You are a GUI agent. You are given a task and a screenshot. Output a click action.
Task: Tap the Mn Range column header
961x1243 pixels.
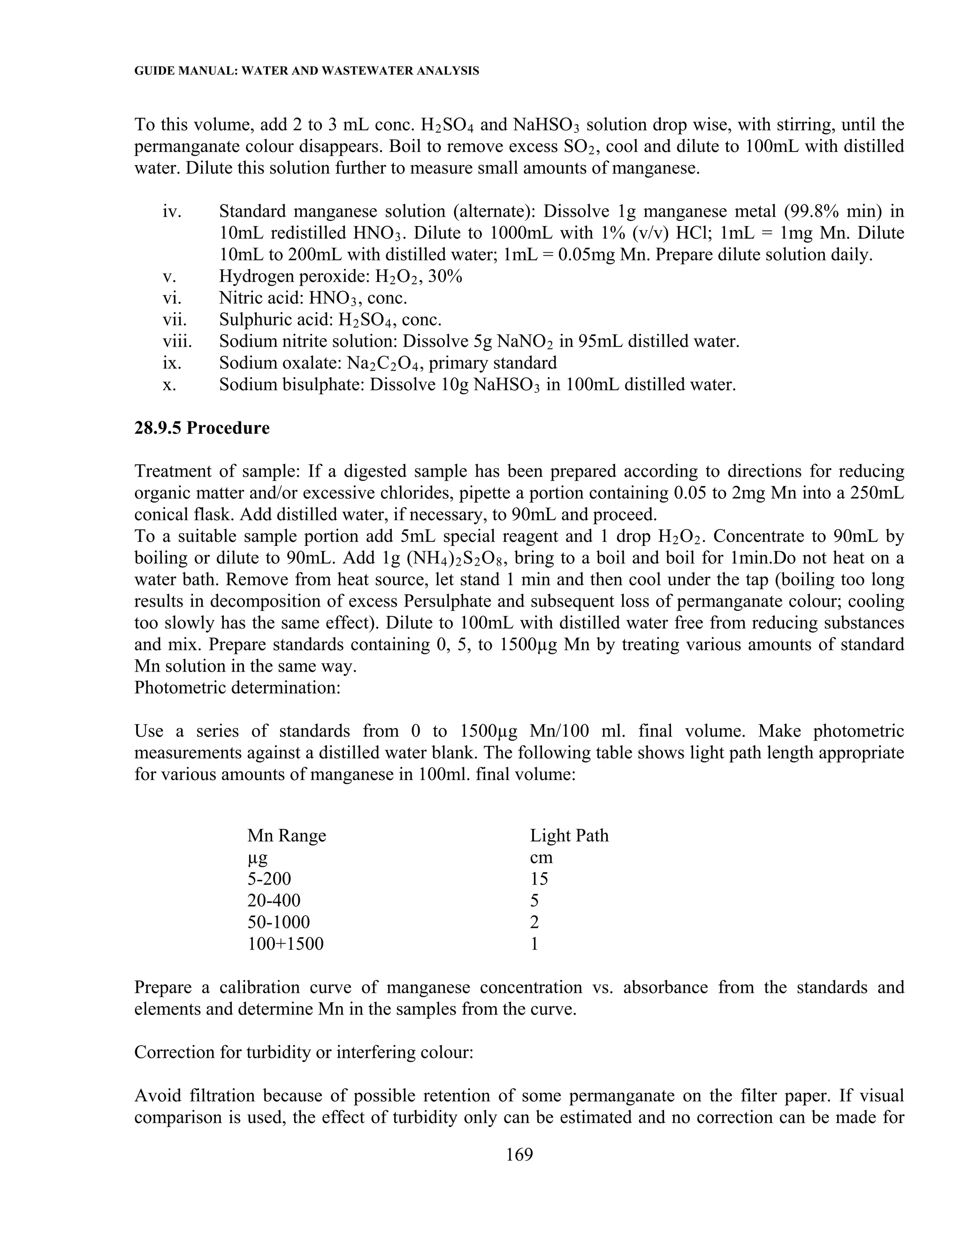point(286,835)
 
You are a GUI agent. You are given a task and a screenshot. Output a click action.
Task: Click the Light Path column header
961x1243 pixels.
point(569,835)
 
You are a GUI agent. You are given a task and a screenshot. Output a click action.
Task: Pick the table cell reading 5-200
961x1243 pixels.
point(269,879)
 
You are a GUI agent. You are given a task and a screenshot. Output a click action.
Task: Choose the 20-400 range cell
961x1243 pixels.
point(274,901)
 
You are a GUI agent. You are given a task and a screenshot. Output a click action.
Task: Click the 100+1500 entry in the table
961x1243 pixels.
point(285,944)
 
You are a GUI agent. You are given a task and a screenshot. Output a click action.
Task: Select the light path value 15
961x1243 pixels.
point(539,879)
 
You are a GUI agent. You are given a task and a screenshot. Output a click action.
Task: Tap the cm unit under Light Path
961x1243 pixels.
point(541,857)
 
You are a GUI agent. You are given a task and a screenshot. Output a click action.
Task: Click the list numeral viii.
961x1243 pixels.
point(177,341)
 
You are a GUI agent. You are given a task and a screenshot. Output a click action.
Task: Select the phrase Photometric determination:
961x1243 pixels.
point(237,688)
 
